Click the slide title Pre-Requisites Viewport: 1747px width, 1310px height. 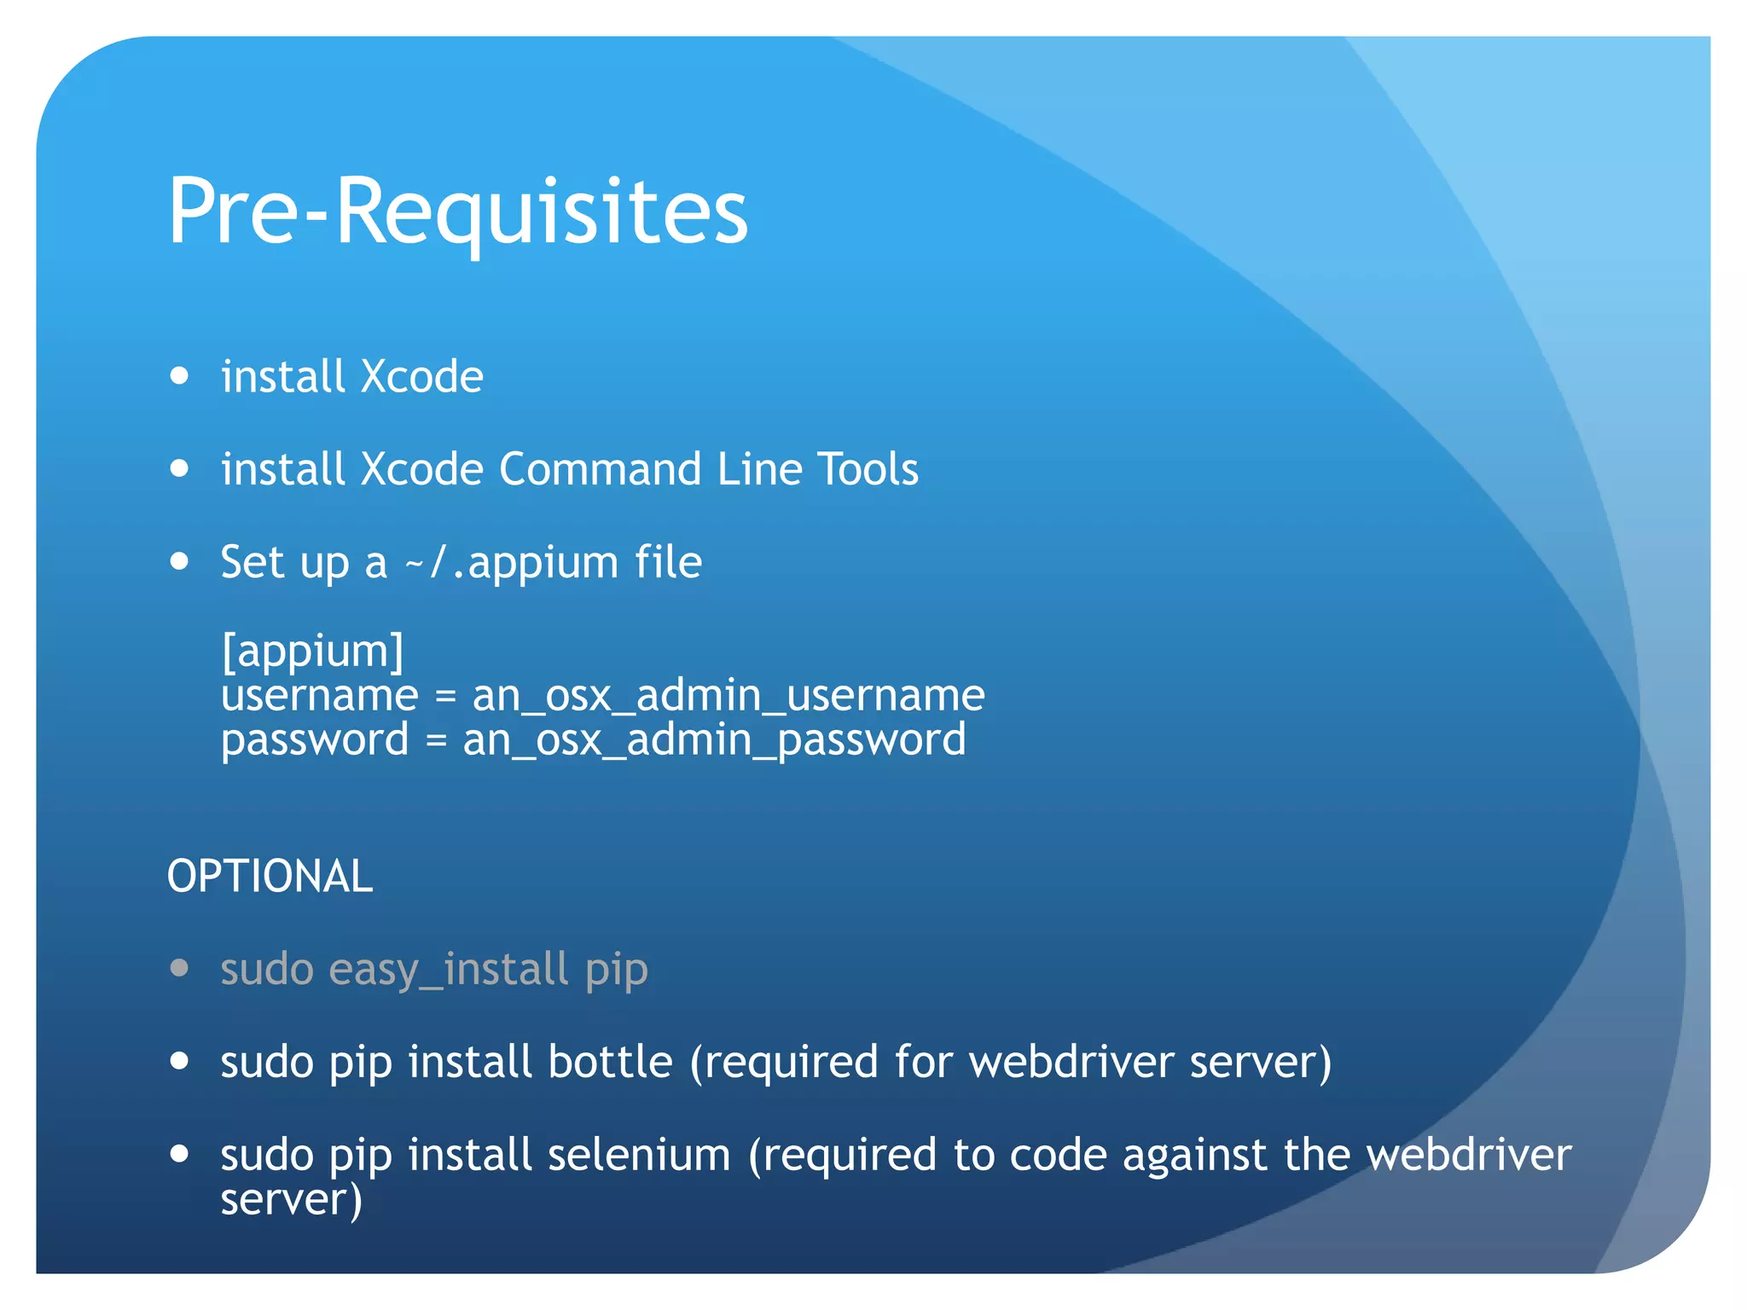[x=457, y=211]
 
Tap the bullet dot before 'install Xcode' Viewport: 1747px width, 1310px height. [x=179, y=375]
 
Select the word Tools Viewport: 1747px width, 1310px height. [x=868, y=469]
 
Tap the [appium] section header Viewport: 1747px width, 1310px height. [x=312, y=652]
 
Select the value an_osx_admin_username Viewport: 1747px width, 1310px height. [x=728, y=695]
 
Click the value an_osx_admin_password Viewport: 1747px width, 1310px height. [x=714, y=739]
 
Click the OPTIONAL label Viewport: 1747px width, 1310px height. [x=270, y=877]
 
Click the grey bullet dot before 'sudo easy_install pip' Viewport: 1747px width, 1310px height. [x=179, y=968]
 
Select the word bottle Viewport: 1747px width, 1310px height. [x=610, y=1063]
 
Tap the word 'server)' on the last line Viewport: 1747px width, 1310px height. [x=291, y=1199]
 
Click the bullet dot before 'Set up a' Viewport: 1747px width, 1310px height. [x=179, y=561]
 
